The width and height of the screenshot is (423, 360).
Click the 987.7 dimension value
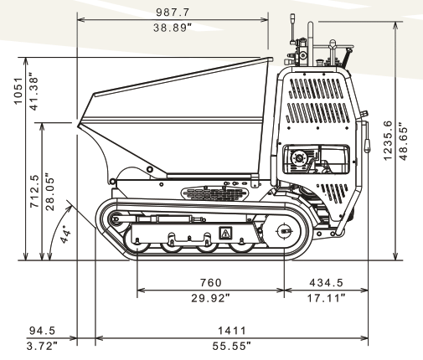(x=173, y=13)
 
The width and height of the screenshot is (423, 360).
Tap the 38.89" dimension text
(x=173, y=28)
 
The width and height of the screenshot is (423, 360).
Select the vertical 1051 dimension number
(x=18, y=90)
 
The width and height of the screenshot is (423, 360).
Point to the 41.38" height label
(x=34, y=92)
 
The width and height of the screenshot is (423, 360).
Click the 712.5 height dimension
(x=34, y=192)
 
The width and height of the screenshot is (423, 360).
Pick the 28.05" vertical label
(x=50, y=192)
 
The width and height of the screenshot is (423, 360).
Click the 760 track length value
(x=211, y=283)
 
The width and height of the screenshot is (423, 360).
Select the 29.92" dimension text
(x=211, y=298)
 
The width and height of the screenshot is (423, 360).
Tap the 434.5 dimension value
(x=326, y=283)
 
